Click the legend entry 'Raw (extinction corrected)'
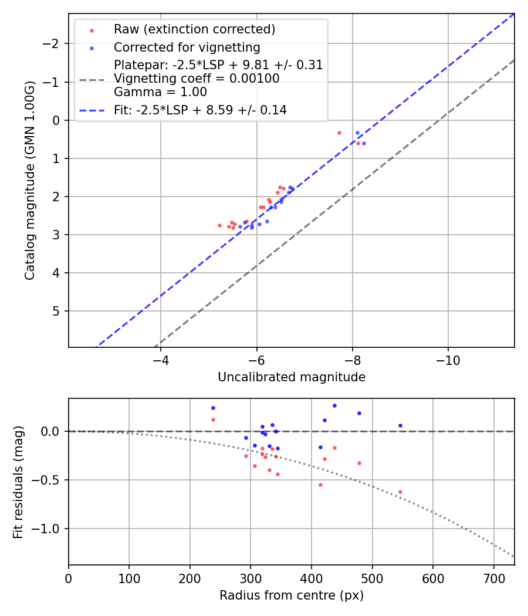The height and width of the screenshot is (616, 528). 194,29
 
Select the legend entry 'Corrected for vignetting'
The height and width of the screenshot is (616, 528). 187,48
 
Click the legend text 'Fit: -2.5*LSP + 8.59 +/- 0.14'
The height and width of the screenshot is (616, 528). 200,110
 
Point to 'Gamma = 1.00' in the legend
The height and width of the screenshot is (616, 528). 160,92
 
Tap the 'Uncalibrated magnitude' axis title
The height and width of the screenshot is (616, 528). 292,377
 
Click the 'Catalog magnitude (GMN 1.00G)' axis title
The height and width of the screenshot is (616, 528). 31,180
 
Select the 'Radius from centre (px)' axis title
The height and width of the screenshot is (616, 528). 292,595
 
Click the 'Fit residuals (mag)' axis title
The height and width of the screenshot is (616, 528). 18,482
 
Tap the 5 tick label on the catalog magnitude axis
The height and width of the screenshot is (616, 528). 57,311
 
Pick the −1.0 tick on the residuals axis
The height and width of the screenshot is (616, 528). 50,529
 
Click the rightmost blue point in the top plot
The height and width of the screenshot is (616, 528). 364,143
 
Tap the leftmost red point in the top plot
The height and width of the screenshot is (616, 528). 219,225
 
